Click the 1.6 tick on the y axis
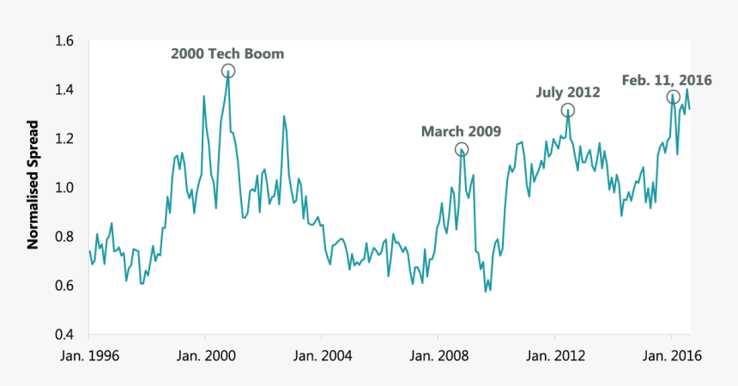point(65,41)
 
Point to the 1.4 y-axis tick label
point(65,90)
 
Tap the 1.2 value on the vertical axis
point(65,139)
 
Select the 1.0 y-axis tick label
point(65,188)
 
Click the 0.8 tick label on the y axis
point(65,237)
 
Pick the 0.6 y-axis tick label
point(65,286)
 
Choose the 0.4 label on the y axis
point(65,335)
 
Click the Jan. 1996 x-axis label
point(88,356)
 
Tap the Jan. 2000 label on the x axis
point(204,356)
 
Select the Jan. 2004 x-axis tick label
point(320,356)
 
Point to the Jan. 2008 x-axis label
point(437,356)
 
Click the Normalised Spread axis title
point(33,188)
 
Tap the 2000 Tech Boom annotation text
point(227,54)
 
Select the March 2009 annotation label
point(461,131)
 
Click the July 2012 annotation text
point(567,92)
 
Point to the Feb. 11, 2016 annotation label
point(668,80)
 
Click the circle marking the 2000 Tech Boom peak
point(228,71)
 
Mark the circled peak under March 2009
point(462,150)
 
